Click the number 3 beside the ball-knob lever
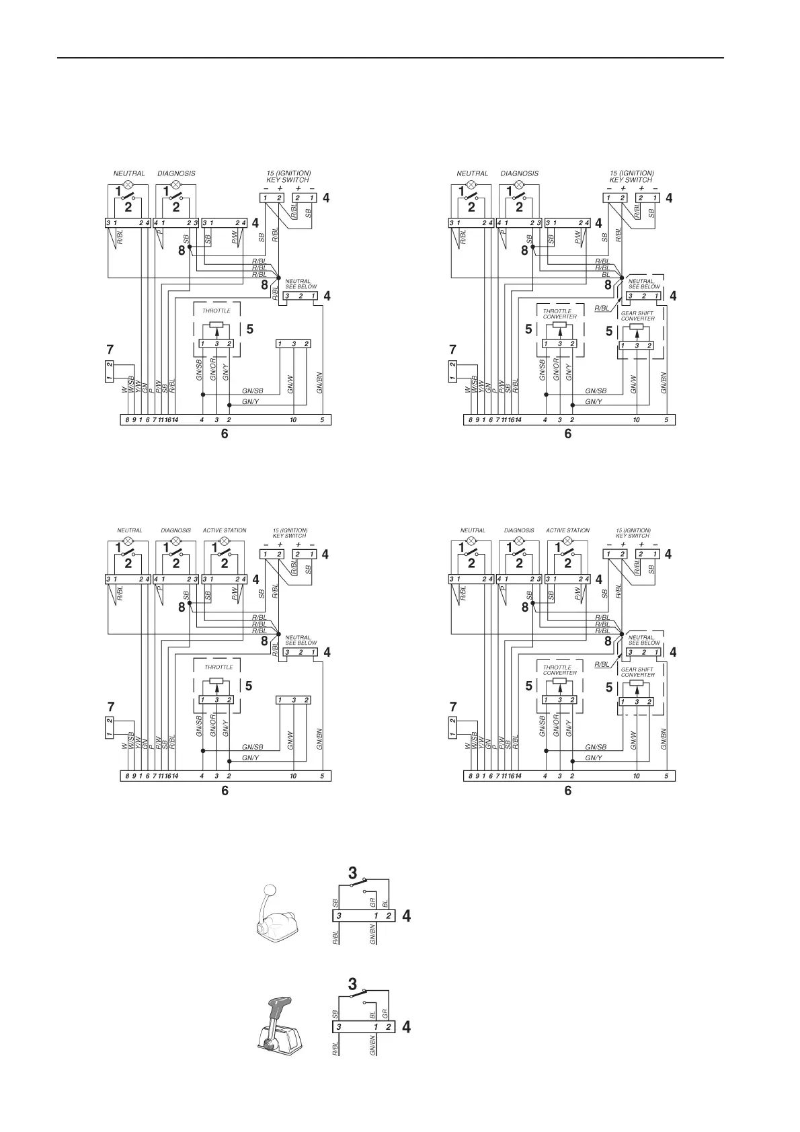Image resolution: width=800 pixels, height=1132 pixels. (x=352, y=873)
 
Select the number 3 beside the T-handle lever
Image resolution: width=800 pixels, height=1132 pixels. (x=352, y=984)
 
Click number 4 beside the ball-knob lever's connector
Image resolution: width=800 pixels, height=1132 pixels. (x=405, y=916)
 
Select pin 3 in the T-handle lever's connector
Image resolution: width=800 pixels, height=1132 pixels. (x=339, y=1027)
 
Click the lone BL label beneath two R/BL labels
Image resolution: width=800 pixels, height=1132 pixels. (x=606, y=274)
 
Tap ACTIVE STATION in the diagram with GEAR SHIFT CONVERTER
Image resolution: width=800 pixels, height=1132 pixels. (x=567, y=530)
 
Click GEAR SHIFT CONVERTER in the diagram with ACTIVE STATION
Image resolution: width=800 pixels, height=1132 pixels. (x=637, y=672)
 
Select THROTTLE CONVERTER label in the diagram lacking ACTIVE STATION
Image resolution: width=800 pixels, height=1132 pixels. (x=560, y=314)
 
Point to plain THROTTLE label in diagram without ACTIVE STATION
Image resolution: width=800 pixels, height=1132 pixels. (x=216, y=311)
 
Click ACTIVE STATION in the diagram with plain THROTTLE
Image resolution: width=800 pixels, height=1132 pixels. (x=225, y=530)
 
